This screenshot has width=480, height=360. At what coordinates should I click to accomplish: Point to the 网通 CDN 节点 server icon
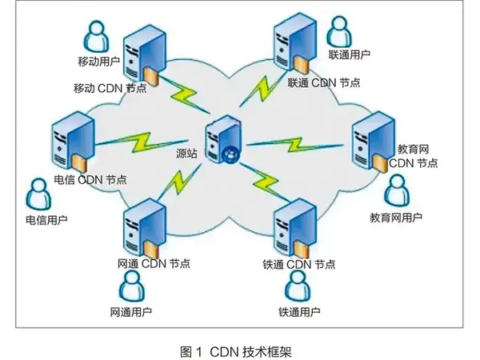tap(144, 227)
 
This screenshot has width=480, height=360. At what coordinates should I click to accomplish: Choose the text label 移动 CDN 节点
tap(110, 88)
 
